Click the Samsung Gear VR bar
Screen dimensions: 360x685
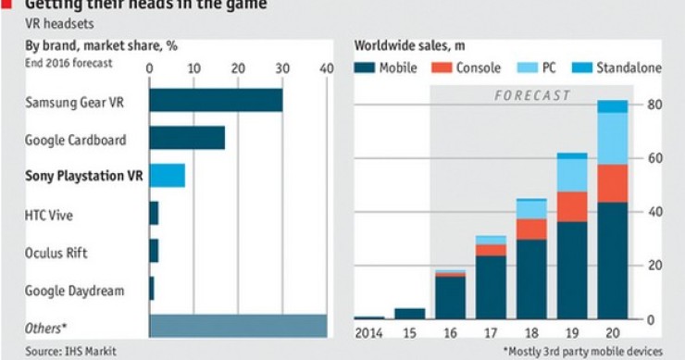click(216, 100)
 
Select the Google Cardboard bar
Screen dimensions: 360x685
click(187, 138)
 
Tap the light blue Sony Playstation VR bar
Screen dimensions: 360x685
click(168, 175)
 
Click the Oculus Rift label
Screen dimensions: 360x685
click(57, 253)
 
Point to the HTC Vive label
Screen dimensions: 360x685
click(49, 215)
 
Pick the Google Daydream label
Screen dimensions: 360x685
click(74, 291)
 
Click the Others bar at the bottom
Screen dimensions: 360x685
click(238, 326)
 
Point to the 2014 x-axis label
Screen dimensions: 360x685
click(368, 333)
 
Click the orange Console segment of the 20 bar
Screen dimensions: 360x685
click(613, 183)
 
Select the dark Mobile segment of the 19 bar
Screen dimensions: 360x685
click(572, 270)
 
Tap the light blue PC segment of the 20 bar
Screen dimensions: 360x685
click(613, 139)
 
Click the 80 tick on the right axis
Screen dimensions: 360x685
click(653, 104)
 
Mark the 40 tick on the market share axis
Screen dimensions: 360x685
click(326, 68)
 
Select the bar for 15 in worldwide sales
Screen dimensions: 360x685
click(409, 314)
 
